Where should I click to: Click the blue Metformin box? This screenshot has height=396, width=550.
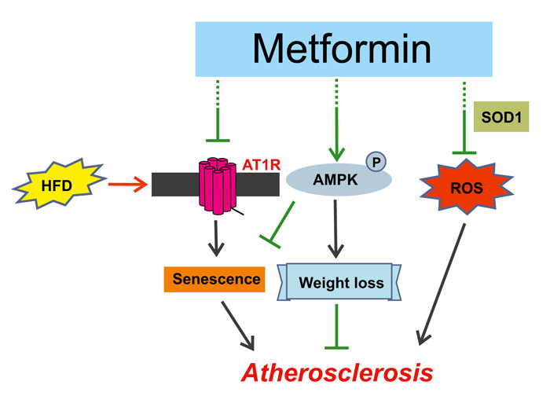point(343,49)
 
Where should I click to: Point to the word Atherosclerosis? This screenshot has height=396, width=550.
point(336,370)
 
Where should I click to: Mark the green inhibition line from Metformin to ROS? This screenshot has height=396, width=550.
point(465,118)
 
